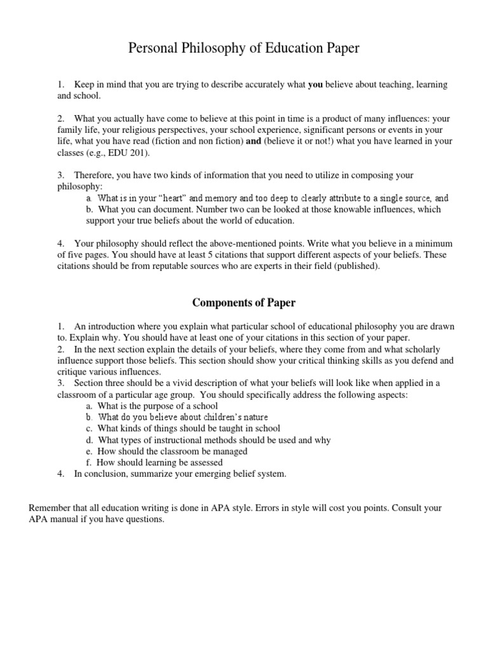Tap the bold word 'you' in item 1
tap(316, 85)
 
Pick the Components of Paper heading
tap(244, 303)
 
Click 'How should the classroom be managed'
tap(173, 451)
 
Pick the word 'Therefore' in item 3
tap(95, 175)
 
